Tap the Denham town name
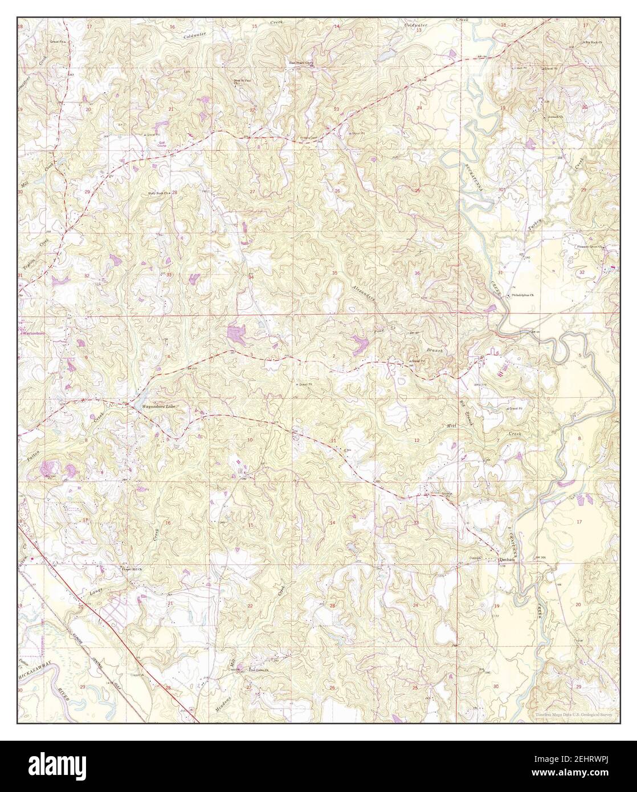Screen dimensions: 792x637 [507, 560]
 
